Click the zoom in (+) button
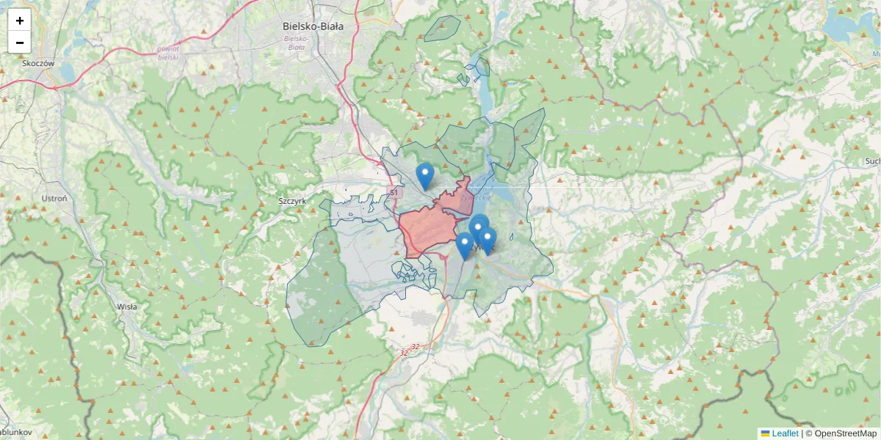point(20,21)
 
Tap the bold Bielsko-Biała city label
point(313,26)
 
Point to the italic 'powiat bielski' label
point(168,52)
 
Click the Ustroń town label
point(54,199)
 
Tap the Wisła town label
point(127,307)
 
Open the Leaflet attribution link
point(785,433)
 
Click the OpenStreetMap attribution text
point(841,433)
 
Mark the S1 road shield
point(394,192)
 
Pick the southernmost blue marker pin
point(464,246)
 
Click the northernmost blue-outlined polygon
point(442,28)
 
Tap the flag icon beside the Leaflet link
point(765,433)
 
